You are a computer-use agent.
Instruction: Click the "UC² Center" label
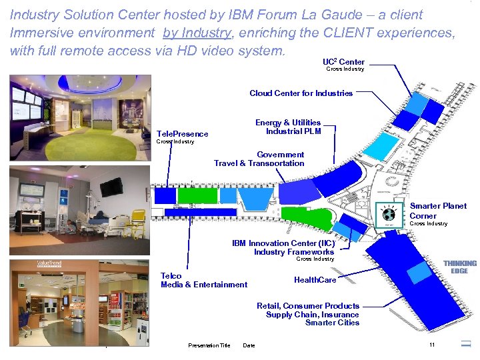(343, 62)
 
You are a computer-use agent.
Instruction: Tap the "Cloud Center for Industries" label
(301, 93)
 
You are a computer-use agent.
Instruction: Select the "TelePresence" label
(181, 134)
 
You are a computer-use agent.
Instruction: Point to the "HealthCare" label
(315, 280)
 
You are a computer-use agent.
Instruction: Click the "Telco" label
(171, 276)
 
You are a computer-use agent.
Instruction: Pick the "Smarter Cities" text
(332, 323)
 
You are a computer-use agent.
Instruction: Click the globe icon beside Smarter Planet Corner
(389, 215)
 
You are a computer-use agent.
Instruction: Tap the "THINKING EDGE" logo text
(460, 267)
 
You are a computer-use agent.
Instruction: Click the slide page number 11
(432, 345)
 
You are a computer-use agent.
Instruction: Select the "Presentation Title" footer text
(209, 345)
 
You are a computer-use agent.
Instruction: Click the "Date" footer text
(249, 345)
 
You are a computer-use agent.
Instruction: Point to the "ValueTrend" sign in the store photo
(49, 265)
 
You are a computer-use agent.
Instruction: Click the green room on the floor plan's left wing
(198, 195)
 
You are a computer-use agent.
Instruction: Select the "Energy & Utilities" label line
(287, 123)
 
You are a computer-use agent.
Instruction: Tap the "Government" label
(280, 155)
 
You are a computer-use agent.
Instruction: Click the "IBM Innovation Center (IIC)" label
(283, 243)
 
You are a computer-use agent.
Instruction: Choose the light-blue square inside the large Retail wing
(419, 272)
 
